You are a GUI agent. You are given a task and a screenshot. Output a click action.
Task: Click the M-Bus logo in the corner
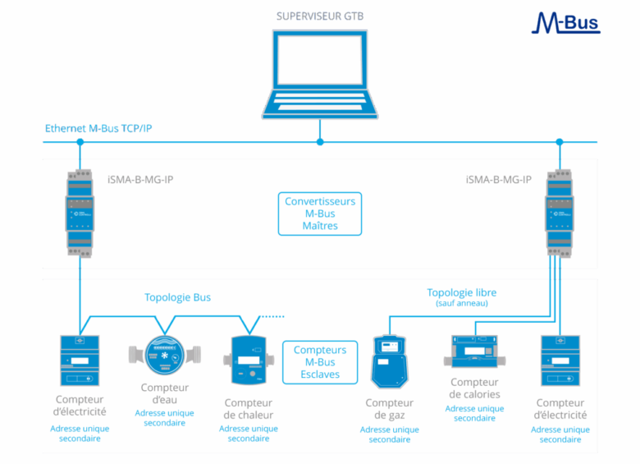point(566,22)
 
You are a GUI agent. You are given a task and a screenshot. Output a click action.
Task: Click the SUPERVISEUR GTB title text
point(320,16)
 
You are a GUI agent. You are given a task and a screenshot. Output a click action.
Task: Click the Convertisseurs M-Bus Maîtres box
point(320,214)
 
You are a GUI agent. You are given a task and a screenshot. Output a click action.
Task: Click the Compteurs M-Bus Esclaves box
point(320,362)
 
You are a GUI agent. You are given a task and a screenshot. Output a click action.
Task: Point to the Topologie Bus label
point(177,297)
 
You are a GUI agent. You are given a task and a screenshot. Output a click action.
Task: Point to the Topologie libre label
point(461,292)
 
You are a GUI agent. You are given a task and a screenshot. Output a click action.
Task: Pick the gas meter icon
point(390,362)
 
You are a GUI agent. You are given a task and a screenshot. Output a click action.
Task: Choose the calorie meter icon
point(475,351)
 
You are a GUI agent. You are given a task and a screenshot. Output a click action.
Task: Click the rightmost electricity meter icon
point(560,361)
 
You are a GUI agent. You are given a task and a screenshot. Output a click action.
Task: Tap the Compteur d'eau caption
point(165,393)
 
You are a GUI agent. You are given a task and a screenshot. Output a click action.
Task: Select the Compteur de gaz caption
point(389,409)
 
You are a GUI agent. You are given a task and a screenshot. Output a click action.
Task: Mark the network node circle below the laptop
point(320,142)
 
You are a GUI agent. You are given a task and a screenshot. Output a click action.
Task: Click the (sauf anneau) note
point(461,304)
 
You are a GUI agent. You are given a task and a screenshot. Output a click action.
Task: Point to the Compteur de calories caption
point(475,388)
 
